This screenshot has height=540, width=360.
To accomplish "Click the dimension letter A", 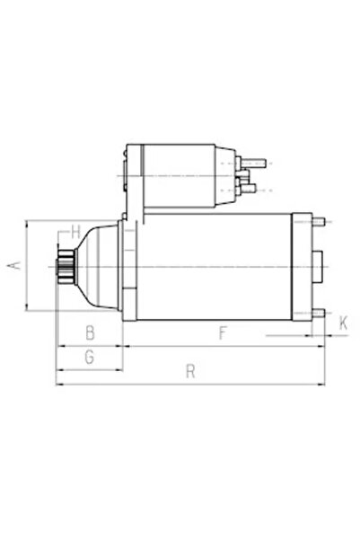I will [x=12, y=266].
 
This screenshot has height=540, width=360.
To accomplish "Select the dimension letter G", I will [x=88, y=358].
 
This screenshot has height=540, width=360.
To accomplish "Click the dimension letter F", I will [x=222, y=333].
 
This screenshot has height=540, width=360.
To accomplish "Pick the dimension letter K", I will [x=343, y=323].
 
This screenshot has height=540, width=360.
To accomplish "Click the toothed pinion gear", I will [x=66, y=267].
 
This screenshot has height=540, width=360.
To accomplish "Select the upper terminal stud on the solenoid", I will [x=257, y=163].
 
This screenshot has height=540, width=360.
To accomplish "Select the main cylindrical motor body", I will [x=215, y=267].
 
